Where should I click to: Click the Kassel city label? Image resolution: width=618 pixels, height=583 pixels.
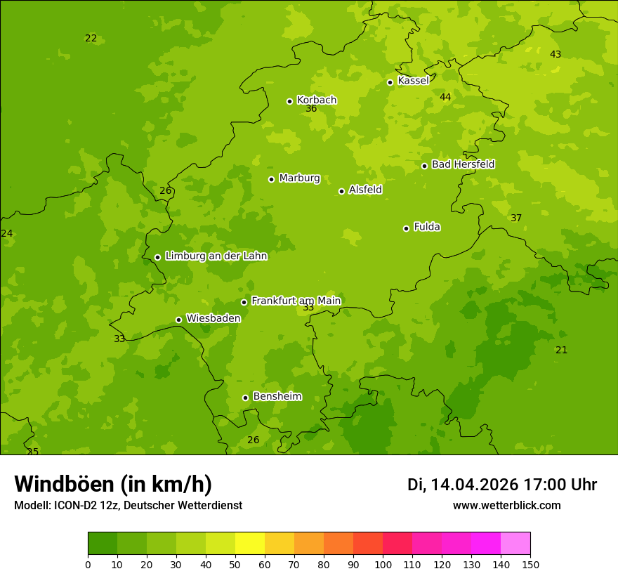[x=413, y=81]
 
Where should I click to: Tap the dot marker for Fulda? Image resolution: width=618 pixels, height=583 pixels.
[x=406, y=228]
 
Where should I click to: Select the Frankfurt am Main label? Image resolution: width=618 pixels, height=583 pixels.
[x=296, y=301]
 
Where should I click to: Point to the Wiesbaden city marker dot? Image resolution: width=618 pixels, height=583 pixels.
[x=178, y=320]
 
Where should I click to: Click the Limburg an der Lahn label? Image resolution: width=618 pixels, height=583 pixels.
[x=216, y=256]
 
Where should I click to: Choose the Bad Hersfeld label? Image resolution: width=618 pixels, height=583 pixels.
[x=463, y=164]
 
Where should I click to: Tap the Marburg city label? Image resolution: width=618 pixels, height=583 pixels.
[x=299, y=178]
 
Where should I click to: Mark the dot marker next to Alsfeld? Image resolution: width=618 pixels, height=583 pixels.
[x=341, y=191]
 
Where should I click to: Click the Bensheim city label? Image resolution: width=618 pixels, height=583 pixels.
[x=277, y=397]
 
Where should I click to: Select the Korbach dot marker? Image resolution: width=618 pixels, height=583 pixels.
[x=289, y=101]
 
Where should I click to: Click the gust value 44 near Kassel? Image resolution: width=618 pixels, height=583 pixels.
[x=445, y=97]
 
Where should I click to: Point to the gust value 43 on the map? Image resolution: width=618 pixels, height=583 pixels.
[x=555, y=55]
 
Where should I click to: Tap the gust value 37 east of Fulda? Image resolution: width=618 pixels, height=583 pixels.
[x=516, y=218]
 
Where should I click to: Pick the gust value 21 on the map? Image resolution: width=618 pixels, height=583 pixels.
[x=561, y=351]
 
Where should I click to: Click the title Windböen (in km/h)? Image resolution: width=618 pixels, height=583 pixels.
[x=113, y=484]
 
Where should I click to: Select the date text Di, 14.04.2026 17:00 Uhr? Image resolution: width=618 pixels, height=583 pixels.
[x=502, y=485]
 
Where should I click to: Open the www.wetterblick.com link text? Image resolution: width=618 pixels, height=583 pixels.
[x=506, y=506]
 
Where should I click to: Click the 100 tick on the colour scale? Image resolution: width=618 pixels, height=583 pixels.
[x=383, y=564]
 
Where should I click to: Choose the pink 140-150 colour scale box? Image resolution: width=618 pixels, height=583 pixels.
[x=515, y=544]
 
